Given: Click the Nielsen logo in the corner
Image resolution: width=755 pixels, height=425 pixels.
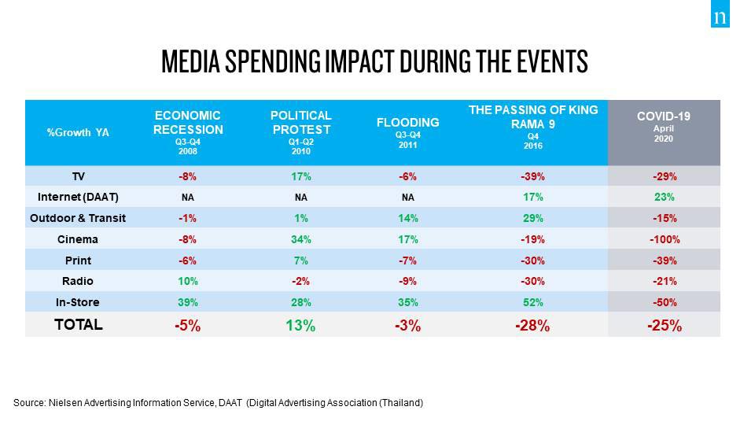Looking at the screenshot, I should (720, 18).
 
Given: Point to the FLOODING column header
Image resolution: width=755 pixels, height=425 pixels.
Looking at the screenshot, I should (408, 123).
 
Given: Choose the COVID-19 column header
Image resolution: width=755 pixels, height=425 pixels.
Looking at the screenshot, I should (664, 125).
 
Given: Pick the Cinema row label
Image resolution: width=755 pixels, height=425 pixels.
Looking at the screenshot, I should (78, 239).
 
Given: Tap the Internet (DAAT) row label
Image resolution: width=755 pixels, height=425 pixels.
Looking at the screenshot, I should (78, 197).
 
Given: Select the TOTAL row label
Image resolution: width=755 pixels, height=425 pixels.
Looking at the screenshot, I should (78, 324).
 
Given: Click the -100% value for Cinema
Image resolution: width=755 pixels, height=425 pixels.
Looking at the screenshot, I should (665, 239).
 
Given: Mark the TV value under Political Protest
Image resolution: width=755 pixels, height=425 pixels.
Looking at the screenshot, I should (301, 176).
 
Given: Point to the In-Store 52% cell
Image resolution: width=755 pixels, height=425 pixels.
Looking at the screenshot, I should (532, 302).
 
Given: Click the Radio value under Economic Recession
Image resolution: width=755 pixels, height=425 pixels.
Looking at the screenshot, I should (188, 282).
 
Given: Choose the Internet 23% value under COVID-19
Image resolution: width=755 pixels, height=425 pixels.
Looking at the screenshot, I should (665, 198).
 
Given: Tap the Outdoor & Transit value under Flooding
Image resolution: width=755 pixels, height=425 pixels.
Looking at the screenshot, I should (407, 218).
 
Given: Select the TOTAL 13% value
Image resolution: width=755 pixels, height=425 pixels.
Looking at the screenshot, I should (301, 325).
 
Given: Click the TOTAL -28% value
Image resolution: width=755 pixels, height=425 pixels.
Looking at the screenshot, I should (532, 325).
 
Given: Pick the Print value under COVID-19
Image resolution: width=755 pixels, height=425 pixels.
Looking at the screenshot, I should (665, 261).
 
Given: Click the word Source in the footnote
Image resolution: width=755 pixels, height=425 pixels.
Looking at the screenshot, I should (29, 403).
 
